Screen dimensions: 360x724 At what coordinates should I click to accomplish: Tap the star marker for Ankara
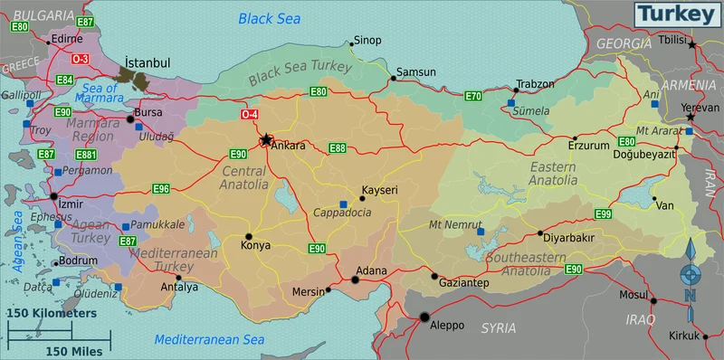[x=266, y=140]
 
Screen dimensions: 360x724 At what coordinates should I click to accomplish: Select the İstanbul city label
[x=148, y=62]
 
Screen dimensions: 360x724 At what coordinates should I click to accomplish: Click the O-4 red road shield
[x=250, y=114]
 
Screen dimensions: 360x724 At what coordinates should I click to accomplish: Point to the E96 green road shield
[x=161, y=189]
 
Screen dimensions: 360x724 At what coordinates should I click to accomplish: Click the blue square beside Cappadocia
[x=343, y=204]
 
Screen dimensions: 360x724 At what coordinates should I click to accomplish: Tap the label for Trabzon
[x=534, y=84]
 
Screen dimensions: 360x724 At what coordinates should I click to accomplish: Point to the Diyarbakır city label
[x=568, y=238]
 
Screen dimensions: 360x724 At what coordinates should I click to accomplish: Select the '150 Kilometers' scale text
[x=52, y=312]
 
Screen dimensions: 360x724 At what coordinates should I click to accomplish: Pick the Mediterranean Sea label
[x=209, y=339]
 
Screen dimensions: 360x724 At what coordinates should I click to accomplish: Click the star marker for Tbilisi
[x=692, y=43]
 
